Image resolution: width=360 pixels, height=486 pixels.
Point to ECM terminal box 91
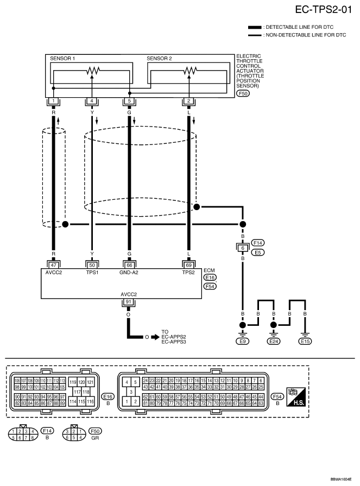click(x=129, y=302)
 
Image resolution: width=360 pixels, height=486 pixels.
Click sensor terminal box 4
click(x=92, y=101)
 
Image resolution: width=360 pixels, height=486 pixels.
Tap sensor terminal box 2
click(x=188, y=101)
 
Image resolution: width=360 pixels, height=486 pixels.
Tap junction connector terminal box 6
click(x=243, y=248)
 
